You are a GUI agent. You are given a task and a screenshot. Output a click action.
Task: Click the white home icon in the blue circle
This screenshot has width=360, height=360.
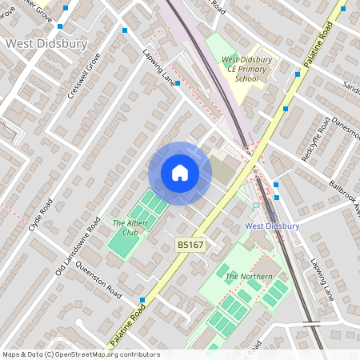179,173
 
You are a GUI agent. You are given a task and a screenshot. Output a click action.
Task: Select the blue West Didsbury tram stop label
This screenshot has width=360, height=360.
272,226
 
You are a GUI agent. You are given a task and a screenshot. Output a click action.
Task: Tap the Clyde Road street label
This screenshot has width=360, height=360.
41,214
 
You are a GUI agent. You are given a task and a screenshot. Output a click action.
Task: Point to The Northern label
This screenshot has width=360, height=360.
249,277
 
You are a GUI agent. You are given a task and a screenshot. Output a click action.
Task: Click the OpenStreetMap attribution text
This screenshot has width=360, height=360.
80,354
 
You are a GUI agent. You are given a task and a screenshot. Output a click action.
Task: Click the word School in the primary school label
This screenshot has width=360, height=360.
250,79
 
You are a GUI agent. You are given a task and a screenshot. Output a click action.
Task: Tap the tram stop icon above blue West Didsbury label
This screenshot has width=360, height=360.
272,214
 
